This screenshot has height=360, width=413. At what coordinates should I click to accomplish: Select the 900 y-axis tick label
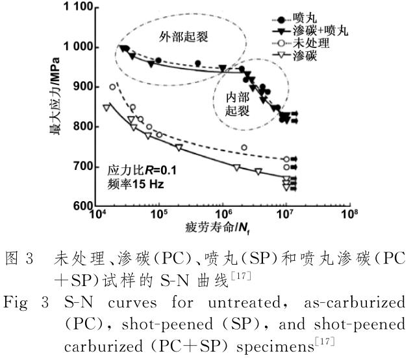[81, 87]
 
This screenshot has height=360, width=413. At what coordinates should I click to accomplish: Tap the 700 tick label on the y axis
[81, 167]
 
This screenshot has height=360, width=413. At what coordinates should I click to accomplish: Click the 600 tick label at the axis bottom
[81, 206]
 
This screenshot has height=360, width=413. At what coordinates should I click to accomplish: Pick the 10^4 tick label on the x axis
[98, 213]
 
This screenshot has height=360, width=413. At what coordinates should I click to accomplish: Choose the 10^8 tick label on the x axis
[349, 213]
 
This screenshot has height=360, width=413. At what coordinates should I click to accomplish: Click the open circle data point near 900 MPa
[112, 87]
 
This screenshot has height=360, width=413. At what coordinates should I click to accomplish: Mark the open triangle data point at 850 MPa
[106, 107]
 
